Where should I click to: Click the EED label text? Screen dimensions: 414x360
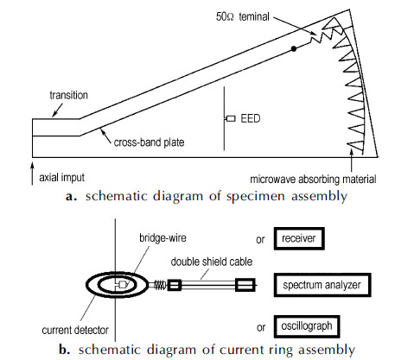tap(251, 118)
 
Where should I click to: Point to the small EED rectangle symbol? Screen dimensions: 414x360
tap(231, 118)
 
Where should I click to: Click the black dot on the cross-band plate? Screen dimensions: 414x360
tap(294, 48)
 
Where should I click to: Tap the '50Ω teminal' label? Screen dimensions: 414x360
tap(243, 16)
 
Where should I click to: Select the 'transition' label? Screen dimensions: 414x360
tap(68, 95)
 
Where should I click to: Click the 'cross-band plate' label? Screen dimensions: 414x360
tap(149, 142)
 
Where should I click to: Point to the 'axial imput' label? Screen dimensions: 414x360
tap(62, 177)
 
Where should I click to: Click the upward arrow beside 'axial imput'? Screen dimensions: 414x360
tap(32, 174)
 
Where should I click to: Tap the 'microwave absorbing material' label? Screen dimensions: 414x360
tap(313, 180)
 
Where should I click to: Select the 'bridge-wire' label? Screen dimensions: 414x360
tap(162, 238)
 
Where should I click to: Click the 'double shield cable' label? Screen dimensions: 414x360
tap(212, 262)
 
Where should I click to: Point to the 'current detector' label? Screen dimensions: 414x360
tap(75, 330)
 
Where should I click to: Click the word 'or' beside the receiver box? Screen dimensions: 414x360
tap(260, 240)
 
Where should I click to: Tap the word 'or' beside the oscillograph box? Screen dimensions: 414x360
tap(261, 327)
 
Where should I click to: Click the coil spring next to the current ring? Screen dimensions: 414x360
tap(160, 285)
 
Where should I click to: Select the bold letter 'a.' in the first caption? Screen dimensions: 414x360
tap(71, 197)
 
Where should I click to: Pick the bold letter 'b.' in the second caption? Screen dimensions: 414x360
tap(65, 350)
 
